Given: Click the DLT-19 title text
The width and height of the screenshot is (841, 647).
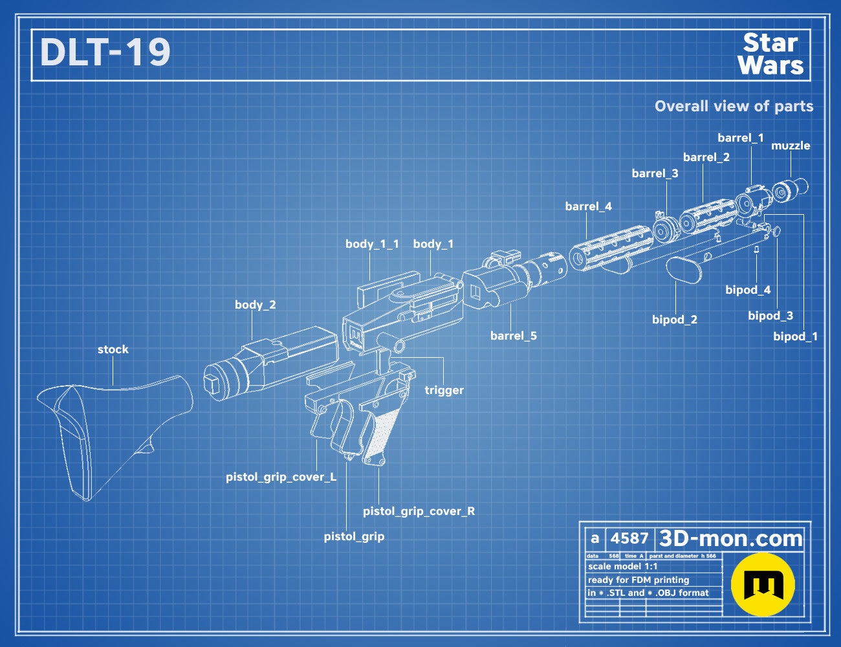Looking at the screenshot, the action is tap(105, 52).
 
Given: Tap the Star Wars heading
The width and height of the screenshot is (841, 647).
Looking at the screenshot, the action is tap(770, 54).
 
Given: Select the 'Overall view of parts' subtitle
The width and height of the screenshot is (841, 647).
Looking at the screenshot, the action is tap(734, 106).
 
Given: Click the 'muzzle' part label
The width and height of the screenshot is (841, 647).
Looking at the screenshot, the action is tap(791, 146).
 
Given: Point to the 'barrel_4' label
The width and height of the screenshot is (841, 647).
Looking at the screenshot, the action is tap(588, 206).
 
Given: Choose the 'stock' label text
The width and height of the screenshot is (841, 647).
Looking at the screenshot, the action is tap(113, 349).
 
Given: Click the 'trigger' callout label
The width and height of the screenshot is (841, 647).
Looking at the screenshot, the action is tap(444, 390).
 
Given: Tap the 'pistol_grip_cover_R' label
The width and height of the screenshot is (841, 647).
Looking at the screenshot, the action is tap(419, 511).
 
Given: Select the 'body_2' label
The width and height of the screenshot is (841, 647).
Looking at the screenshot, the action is tap(255, 305).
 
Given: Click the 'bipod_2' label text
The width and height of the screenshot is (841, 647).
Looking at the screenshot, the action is tap(675, 320).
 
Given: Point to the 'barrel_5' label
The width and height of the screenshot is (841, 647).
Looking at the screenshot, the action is tap(514, 336).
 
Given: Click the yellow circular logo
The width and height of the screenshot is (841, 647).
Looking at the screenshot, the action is tap(763, 584).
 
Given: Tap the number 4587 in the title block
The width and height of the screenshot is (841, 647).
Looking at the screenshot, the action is tap(629, 538).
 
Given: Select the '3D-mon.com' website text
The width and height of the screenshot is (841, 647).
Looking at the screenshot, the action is tap(730, 538).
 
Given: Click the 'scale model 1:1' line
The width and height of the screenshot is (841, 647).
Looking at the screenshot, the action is tap(622, 567).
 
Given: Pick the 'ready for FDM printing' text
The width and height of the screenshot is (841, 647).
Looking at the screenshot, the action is tap(639, 580).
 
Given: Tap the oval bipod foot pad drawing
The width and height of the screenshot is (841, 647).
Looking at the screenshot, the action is tap(684, 270).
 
